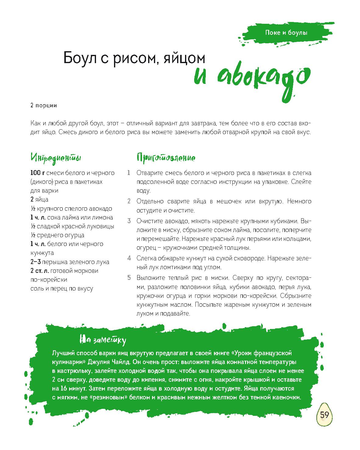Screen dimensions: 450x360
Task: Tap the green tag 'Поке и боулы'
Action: click(286, 33)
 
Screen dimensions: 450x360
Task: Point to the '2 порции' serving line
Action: click(44, 106)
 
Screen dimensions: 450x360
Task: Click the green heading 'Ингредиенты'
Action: click(56, 158)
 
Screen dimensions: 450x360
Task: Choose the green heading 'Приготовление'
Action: click(166, 158)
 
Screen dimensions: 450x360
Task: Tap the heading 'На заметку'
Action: click(103, 340)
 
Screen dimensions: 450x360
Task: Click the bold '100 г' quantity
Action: click(37, 173)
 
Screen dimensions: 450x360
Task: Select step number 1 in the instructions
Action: click(129, 173)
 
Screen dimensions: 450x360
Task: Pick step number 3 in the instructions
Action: click(129, 221)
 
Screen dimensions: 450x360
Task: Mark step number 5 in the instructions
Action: click(129, 278)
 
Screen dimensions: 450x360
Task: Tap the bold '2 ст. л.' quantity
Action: click(40, 271)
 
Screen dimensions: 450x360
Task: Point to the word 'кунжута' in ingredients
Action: click(42, 253)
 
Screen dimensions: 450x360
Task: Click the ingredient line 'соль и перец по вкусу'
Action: click(62, 288)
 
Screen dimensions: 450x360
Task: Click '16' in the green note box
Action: click(62, 389)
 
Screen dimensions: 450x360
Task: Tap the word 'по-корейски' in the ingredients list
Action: click(49, 280)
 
